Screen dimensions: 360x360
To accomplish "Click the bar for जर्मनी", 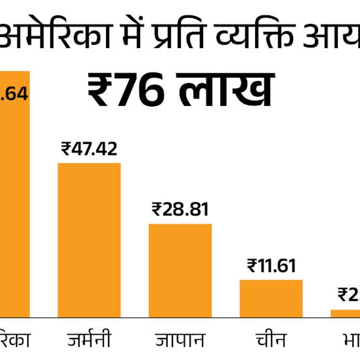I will pos(89,240).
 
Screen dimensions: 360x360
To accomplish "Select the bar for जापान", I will pos(180,270).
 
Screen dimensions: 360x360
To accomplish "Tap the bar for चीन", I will pos(271,298).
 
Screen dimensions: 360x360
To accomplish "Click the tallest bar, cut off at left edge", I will pos(14,194).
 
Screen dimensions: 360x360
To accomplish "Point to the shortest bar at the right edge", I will pos(346,314).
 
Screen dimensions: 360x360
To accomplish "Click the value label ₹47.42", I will pos(89,149).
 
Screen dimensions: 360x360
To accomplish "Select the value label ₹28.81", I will pos(180,210).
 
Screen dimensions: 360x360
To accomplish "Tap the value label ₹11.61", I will pos(271,266).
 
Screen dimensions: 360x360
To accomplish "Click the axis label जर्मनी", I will pos(89,339).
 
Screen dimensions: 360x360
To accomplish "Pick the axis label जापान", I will pos(180,339).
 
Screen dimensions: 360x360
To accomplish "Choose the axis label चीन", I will pos(271,339).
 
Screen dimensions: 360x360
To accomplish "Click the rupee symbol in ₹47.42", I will pos(66,149).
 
